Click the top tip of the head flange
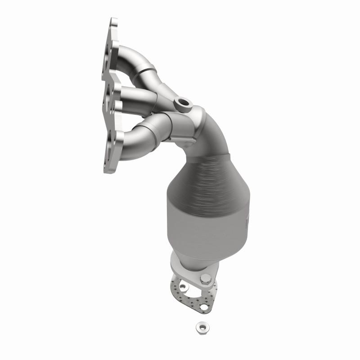(112, 22)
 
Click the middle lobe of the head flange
(110, 97)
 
